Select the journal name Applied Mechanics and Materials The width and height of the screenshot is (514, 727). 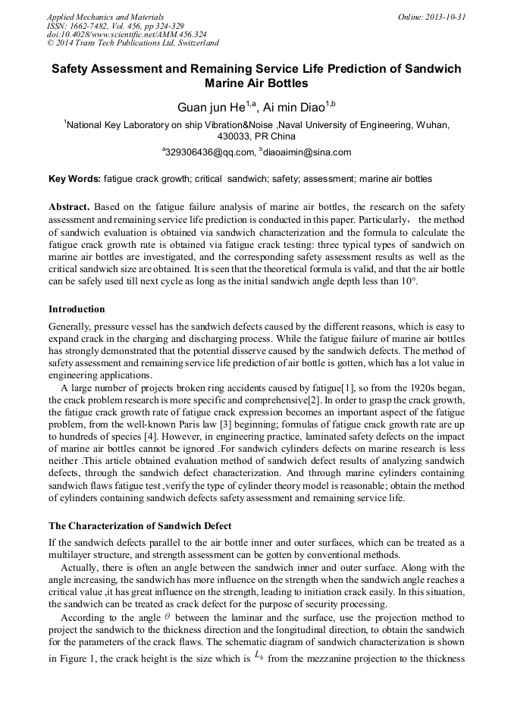click(x=105, y=17)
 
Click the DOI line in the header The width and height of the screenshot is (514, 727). click(x=127, y=35)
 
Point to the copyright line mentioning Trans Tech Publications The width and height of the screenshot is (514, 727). click(x=133, y=44)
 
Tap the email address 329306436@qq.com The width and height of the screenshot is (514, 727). click(x=211, y=152)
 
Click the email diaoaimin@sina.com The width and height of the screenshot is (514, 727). click(x=307, y=152)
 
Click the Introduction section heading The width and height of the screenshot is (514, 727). click(x=77, y=309)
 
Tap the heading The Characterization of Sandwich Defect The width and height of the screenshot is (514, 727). click(x=140, y=526)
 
